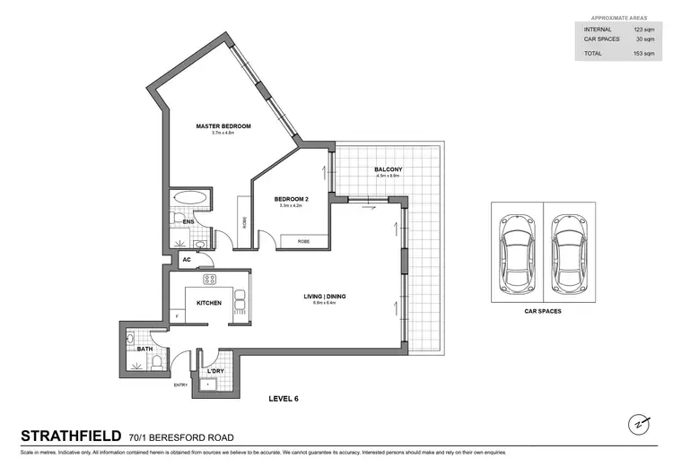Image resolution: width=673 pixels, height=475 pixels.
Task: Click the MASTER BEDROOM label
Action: click(x=223, y=126)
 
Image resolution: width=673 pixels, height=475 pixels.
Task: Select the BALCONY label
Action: click(x=388, y=169)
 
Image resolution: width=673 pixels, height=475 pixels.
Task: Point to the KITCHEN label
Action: click(x=209, y=303)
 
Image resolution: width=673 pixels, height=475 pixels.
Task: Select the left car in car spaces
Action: click(x=516, y=250)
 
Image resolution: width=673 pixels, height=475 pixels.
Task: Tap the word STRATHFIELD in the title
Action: click(x=70, y=437)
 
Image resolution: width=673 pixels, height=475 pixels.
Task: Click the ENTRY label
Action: click(x=181, y=386)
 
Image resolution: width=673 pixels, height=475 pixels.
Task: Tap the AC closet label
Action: click(x=187, y=260)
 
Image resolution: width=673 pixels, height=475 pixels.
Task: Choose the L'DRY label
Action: click(x=215, y=371)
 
